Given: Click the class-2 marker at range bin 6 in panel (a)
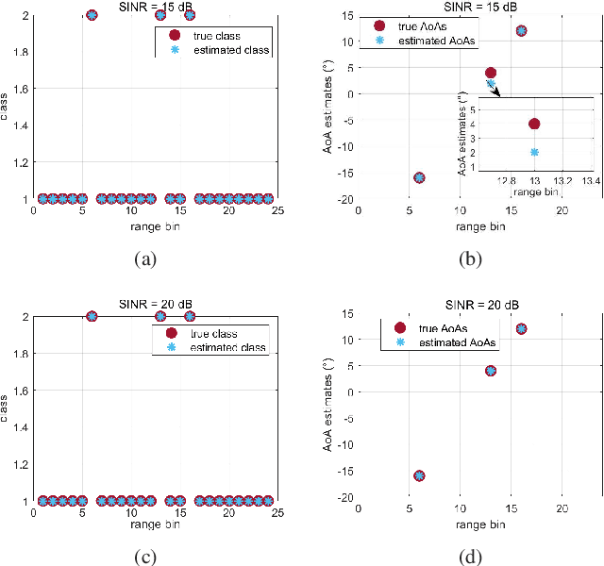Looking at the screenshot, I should coord(92,15).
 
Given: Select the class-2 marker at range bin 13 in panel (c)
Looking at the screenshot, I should coord(160,316).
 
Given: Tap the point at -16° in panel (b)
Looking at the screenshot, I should coord(419,177).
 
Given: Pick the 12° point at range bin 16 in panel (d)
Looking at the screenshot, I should coord(521,329).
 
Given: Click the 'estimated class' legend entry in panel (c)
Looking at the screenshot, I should coord(217,348).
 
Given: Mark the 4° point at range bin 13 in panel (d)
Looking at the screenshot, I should coord(490,371).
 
